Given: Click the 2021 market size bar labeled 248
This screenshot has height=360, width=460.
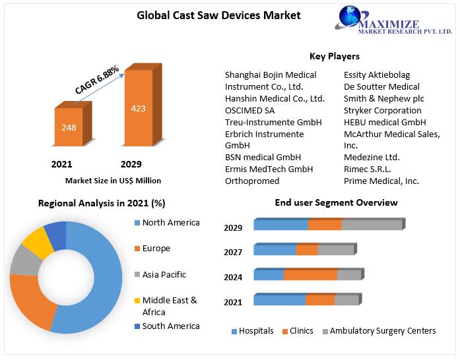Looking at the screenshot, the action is tap(73, 124).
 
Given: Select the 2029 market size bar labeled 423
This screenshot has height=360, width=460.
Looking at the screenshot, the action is tap(143, 105).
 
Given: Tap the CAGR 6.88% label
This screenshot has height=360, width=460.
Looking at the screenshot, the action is tap(97, 79).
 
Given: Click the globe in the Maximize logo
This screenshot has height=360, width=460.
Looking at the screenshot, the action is tap(350, 16).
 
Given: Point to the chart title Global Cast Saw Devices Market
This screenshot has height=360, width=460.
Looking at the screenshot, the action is tap(218, 15).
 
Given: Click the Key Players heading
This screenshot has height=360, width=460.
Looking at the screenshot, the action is tap(335, 56).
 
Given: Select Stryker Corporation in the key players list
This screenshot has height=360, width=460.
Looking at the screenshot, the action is tap(382, 111).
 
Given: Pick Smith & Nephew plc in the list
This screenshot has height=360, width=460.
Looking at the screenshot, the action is tap(383, 99).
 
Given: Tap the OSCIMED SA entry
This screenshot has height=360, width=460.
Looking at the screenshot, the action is tap(249, 111).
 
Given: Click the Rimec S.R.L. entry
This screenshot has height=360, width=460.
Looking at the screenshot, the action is tap(368, 169).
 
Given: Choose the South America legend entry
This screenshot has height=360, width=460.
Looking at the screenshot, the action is tap(167, 326).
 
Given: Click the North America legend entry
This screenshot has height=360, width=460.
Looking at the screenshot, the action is tap(167, 223).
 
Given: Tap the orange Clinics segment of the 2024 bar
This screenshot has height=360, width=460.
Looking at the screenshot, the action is tap(310, 275).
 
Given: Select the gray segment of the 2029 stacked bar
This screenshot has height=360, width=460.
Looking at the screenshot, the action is tap(372, 225).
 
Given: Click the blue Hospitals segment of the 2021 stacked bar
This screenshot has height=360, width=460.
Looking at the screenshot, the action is tap(280, 300).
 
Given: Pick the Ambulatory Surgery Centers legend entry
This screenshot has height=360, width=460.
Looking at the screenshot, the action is tap(379, 331).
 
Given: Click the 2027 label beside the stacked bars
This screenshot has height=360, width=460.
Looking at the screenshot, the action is tap(233, 252).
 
